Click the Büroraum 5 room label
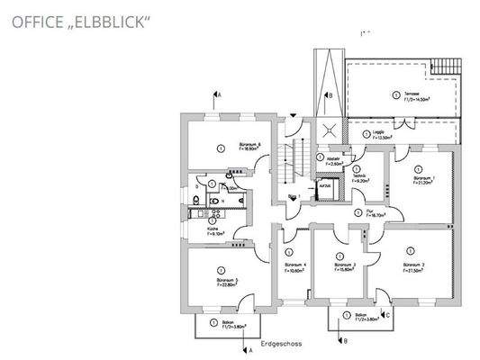point(230,282)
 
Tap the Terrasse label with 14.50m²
point(415,95)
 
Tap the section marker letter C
point(387,315)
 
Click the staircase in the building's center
point(290,166)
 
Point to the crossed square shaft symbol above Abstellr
point(323,129)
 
